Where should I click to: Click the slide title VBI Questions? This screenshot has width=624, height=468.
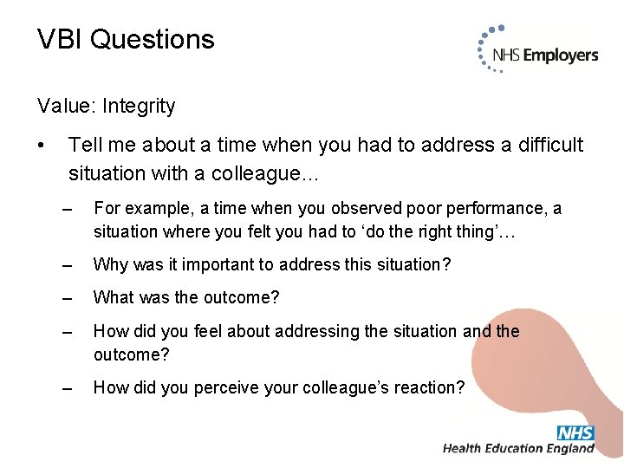click(126, 40)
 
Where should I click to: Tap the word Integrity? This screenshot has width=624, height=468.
click(139, 107)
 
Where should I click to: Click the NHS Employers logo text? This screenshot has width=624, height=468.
click(545, 55)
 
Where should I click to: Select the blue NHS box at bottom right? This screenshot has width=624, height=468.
click(575, 432)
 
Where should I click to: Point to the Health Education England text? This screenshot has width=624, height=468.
click(518, 449)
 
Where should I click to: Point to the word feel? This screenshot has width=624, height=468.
click(209, 332)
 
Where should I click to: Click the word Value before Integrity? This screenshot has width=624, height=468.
click(67, 107)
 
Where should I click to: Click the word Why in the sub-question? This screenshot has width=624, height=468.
click(109, 264)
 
